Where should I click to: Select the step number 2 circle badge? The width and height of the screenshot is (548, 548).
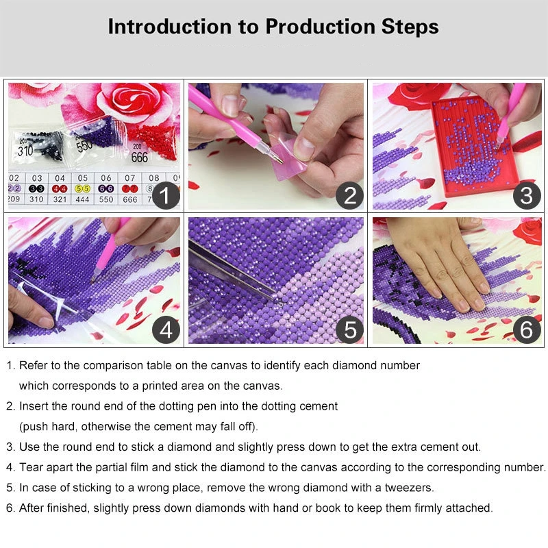349,196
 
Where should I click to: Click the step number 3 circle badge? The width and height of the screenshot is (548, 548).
526,196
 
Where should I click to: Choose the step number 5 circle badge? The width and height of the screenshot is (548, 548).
349,329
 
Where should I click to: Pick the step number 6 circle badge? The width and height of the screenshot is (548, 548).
526,329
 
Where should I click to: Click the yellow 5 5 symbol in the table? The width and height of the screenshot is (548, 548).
83,188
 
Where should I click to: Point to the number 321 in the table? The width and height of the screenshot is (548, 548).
60,200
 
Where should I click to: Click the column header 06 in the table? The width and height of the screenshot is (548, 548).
106,177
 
